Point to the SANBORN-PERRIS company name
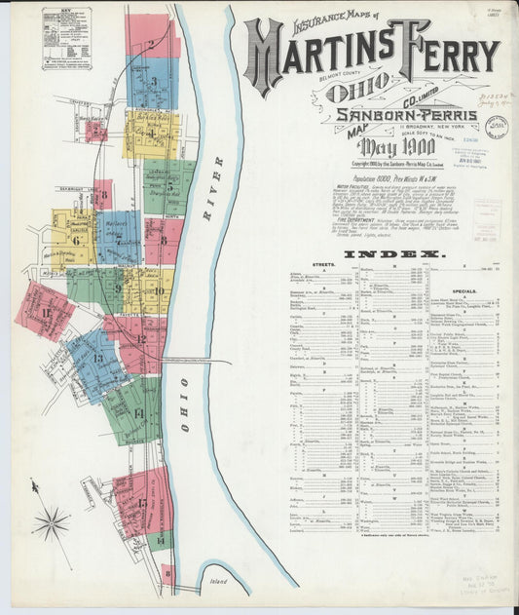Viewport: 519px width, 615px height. [x=406, y=114]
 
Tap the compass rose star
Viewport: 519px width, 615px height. [x=51, y=523]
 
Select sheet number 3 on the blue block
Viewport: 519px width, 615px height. [x=154, y=82]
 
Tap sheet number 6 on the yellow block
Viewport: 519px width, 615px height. [x=75, y=239]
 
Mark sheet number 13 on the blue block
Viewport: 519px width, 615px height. [x=97, y=359]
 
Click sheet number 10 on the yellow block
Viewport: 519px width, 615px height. [x=158, y=289]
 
